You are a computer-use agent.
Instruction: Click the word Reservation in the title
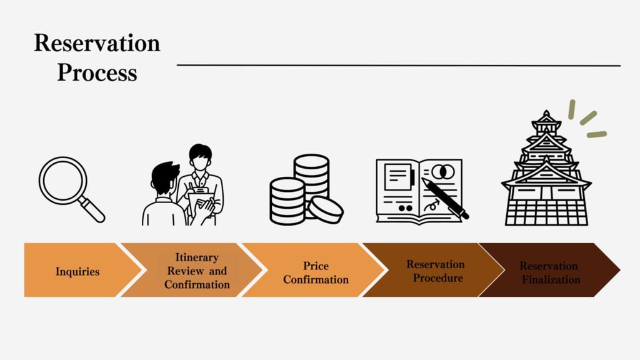[x=97, y=43]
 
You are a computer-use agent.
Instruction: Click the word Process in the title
[x=97, y=72]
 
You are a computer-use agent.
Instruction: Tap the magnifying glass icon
[x=71, y=189]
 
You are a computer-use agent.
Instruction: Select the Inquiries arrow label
[x=77, y=271]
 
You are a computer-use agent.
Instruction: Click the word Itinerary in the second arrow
[x=197, y=257]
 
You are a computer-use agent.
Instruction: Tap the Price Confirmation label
[x=316, y=272]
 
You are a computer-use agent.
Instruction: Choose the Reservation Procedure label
[x=436, y=271]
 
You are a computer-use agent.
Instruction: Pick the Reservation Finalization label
[x=549, y=272]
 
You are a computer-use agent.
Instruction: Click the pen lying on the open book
[x=445, y=198]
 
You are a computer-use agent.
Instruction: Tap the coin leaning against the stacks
[x=325, y=209]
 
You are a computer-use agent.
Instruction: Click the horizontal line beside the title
[x=399, y=65]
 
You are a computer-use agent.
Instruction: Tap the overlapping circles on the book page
[x=443, y=172]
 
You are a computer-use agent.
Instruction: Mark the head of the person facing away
[x=164, y=178]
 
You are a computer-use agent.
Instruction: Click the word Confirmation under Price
[x=316, y=279]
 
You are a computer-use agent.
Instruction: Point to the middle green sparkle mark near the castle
[x=588, y=118]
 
